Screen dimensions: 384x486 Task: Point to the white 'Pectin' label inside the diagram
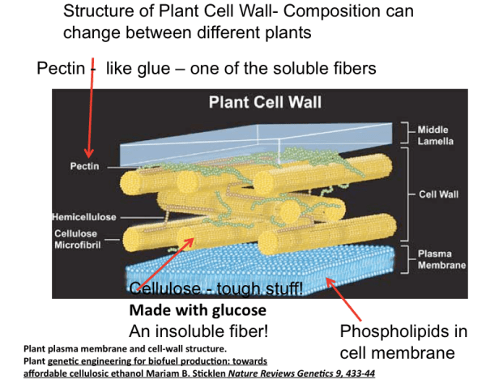[86, 165]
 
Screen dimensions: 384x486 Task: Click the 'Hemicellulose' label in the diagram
[84, 217]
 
